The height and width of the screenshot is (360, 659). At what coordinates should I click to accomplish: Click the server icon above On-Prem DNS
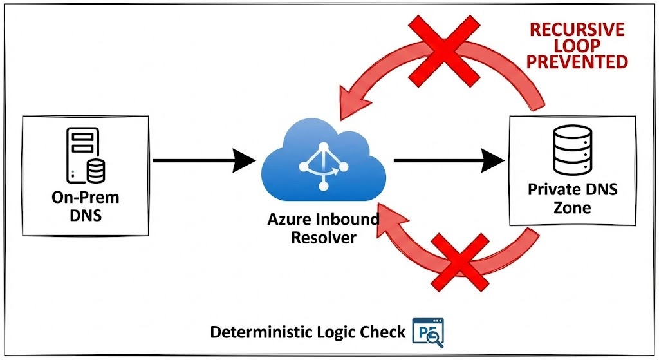pyautogui.click(x=86, y=154)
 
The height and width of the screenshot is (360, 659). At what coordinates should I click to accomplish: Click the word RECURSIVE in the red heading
pyautogui.click(x=577, y=30)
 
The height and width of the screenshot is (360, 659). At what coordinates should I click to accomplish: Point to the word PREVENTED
pyautogui.click(x=577, y=62)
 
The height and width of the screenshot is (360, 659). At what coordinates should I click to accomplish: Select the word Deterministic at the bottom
pyautogui.click(x=262, y=332)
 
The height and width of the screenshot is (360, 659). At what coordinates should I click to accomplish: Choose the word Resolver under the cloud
pyautogui.click(x=324, y=238)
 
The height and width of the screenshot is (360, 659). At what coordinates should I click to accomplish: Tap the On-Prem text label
pyautogui.click(x=86, y=198)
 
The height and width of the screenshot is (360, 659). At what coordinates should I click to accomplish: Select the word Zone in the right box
pyautogui.click(x=573, y=207)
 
